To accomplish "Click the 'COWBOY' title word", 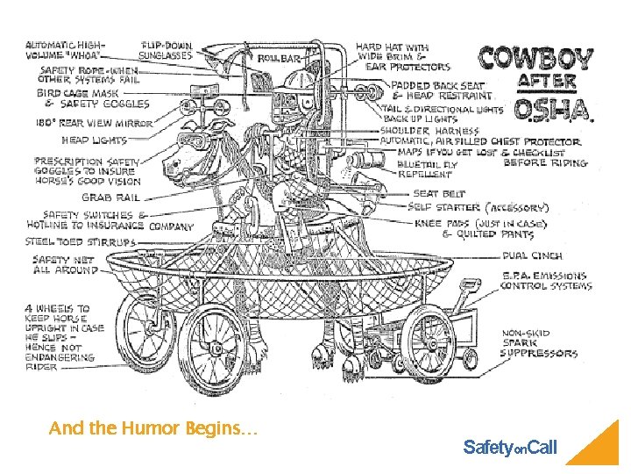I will pyautogui.click(x=535, y=58).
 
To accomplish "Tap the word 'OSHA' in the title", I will pyautogui.click(x=550, y=109).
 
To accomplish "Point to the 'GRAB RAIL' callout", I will pyautogui.click(x=110, y=198).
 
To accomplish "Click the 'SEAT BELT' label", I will pyautogui.click(x=438, y=194).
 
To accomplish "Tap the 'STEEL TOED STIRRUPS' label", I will pyautogui.click(x=81, y=241).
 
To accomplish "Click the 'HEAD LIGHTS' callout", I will pyautogui.click(x=94, y=140).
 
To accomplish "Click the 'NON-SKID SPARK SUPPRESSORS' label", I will pyautogui.click(x=539, y=343).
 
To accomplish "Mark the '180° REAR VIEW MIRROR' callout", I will pyautogui.click(x=95, y=124).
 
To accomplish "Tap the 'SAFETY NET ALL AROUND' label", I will pyautogui.click(x=65, y=265).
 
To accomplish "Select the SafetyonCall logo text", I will pyautogui.click(x=509, y=449).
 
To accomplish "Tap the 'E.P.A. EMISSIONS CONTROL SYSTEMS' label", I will pyautogui.click(x=546, y=281).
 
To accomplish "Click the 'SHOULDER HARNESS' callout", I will pyautogui.click(x=416, y=131).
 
